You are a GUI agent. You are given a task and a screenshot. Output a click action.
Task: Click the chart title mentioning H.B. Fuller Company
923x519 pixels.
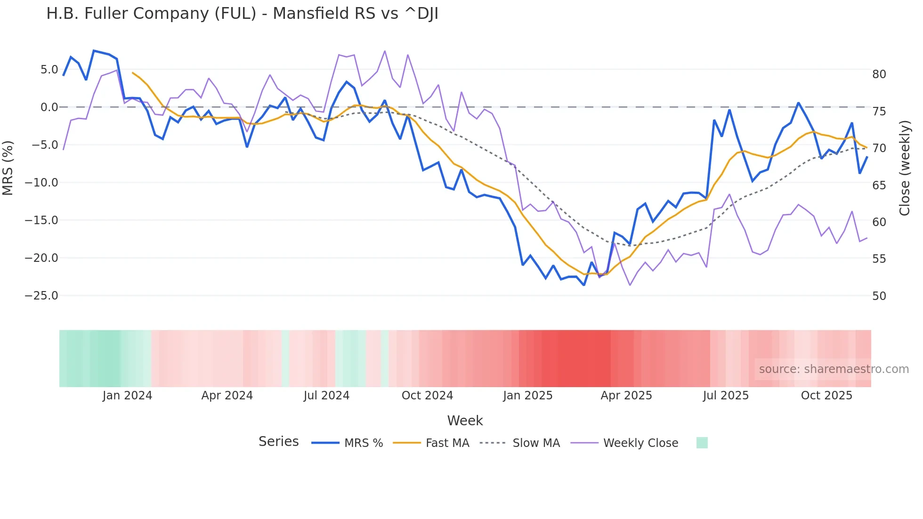[x=242, y=14]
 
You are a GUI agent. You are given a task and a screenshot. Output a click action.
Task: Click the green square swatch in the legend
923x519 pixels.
[x=702, y=443]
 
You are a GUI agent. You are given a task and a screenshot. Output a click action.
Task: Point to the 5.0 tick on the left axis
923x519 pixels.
[x=49, y=70]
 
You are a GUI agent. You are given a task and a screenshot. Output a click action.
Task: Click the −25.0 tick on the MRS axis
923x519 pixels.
[x=41, y=296]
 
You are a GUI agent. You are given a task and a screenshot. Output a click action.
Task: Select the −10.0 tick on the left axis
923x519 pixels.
[x=41, y=183]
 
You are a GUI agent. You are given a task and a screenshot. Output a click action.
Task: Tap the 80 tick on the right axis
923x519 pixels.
[x=879, y=74]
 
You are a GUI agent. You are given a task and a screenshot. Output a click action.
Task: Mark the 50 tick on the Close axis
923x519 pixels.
[x=879, y=296]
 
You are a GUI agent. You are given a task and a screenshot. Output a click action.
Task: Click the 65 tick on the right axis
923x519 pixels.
[x=879, y=186]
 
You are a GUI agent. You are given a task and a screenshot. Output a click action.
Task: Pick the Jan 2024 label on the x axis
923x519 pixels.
[x=127, y=396]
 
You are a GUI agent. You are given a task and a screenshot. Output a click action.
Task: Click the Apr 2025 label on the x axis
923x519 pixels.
[x=626, y=396]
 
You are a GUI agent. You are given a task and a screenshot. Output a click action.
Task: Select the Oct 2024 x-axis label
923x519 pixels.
[x=427, y=396]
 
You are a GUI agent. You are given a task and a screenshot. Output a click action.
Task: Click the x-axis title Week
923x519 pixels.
[x=465, y=421]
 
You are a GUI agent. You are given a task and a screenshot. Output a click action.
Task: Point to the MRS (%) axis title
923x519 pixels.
[x=8, y=168]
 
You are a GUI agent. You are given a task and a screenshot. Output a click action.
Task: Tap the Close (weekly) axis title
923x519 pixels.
[x=905, y=168]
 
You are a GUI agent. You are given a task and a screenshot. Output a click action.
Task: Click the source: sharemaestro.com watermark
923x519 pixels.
[x=834, y=369]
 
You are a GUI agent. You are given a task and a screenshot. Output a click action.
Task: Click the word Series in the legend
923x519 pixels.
[x=278, y=442]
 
